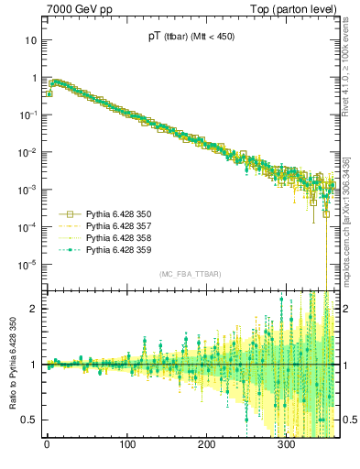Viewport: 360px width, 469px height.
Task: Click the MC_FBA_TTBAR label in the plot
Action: (x=189, y=274)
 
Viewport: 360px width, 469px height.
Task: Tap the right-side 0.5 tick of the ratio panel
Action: (x=350, y=420)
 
